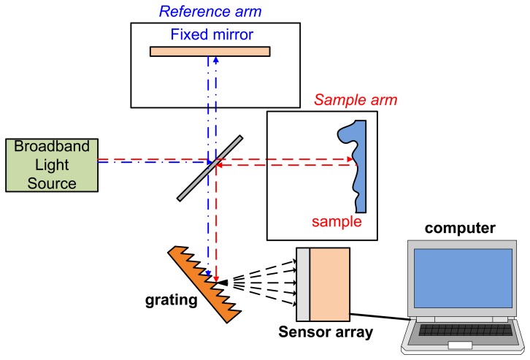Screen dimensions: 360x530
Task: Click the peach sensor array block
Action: click(330, 285)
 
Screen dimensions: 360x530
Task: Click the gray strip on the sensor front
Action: click(303, 285)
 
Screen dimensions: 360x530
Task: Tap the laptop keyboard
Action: click(460, 333)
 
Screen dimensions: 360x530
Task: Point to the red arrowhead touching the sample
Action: click(350, 158)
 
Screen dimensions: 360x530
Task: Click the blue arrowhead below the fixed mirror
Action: click(217, 61)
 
